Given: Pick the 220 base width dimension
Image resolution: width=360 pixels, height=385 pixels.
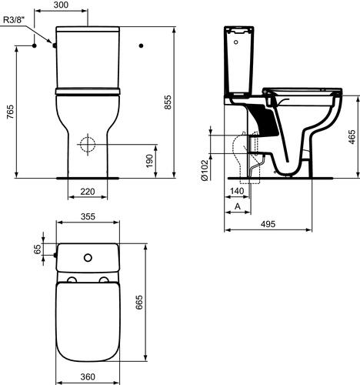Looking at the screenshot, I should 88,191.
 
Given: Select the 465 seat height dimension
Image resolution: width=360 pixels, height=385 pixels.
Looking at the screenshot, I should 352,137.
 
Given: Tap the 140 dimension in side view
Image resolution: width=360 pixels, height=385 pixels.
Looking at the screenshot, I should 237,191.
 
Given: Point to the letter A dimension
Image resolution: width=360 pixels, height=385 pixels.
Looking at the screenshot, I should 237,206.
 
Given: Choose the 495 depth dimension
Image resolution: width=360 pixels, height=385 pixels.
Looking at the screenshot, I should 268,223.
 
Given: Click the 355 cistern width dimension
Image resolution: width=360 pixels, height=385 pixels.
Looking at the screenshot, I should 86,219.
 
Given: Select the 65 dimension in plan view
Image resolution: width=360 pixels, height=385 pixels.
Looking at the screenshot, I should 36,250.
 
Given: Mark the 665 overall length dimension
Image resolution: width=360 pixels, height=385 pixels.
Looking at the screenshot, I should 139,303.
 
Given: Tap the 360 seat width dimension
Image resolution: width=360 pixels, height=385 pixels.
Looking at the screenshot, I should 87,377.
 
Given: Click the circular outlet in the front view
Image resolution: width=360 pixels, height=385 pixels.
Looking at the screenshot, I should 88,144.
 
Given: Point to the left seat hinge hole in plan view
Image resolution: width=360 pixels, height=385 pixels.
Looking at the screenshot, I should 71,279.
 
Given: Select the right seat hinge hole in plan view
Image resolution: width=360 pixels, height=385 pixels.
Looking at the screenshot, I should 104,279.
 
